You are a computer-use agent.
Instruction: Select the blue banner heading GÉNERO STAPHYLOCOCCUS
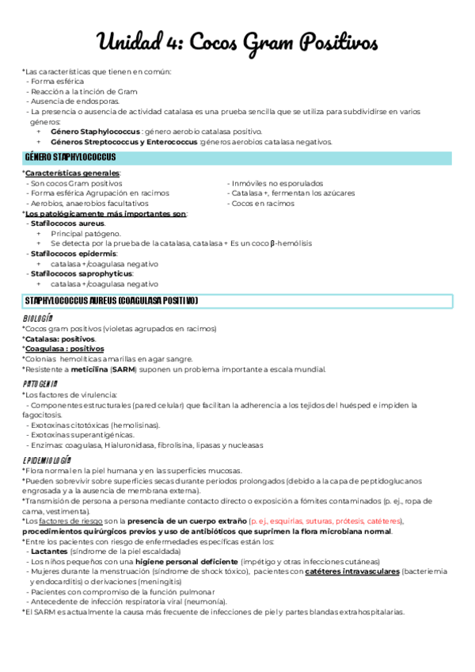point(70,157)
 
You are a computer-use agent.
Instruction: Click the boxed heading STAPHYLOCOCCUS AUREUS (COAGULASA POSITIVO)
point(112,301)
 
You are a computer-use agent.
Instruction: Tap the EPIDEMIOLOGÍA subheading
point(47,460)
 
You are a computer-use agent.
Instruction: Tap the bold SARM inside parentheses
point(123,369)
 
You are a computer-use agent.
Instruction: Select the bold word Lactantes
point(49,552)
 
